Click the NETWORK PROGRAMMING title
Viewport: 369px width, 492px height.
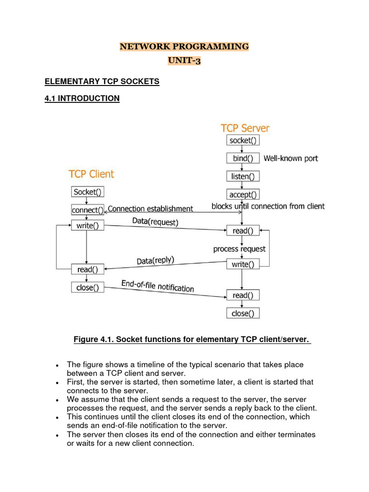click(184, 47)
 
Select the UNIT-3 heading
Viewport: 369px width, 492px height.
click(184, 61)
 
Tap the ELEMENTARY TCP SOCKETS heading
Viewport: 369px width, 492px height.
click(102, 82)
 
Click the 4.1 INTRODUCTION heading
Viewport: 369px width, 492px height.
click(82, 98)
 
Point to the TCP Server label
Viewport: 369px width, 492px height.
click(245, 128)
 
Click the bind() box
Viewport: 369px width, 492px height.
click(243, 158)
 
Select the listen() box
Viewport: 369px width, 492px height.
click(243, 176)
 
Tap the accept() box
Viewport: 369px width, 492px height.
click(243, 195)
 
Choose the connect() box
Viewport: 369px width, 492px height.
click(87, 210)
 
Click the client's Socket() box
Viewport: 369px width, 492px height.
click(87, 192)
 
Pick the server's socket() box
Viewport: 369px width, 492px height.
click(243, 140)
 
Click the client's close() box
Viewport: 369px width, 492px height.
click(87, 287)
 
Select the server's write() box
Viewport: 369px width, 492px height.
click(243, 264)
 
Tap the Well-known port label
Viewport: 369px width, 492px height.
click(291, 158)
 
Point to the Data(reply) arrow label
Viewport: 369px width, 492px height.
click(156, 261)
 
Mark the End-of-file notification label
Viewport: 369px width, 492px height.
click(158, 286)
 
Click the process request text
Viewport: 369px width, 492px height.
click(239, 249)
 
